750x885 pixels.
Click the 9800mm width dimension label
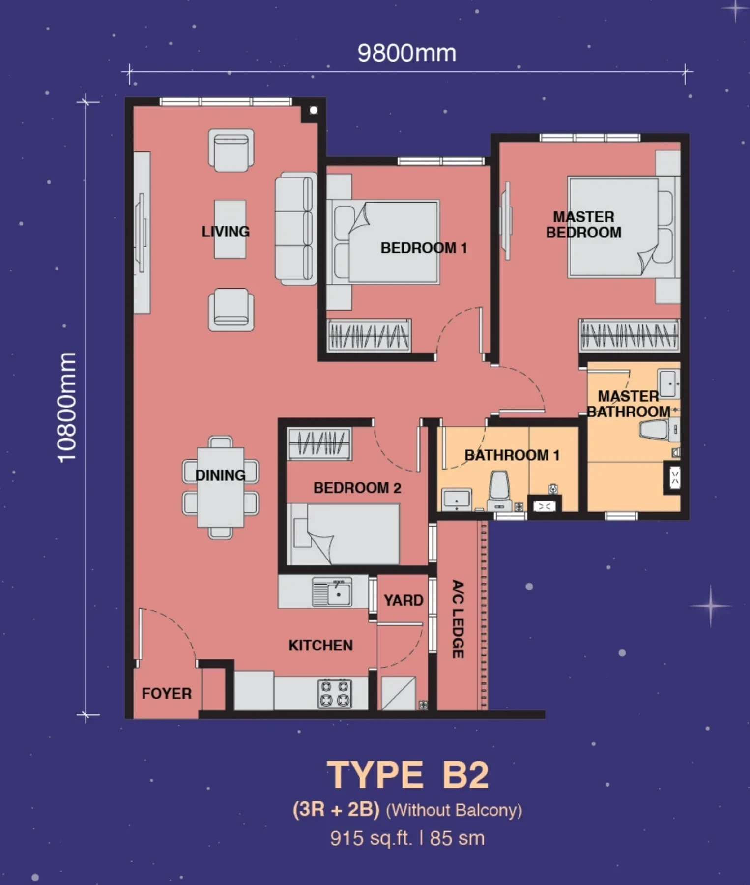pyautogui.click(x=406, y=53)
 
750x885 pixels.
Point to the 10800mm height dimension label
pyautogui.click(x=67, y=408)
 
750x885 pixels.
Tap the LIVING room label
pyautogui.click(x=226, y=231)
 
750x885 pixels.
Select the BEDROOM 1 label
pyautogui.click(x=424, y=248)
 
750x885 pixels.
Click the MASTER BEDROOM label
pyautogui.click(x=584, y=224)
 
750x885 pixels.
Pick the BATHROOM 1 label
pyautogui.click(x=512, y=455)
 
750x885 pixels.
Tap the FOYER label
pyautogui.click(x=167, y=693)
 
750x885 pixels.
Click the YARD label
pyautogui.click(x=404, y=600)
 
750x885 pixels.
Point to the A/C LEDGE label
pyautogui.click(x=458, y=619)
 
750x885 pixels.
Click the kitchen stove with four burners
pyautogui.click(x=335, y=693)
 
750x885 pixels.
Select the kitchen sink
pyautogui.click(x=332, y=592)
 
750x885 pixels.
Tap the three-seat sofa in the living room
pyautogui.click(x=295, y=228)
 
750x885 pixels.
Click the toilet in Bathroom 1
pyautogui.click(x=499, y=491)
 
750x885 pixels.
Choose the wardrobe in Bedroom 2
pyautogui.click(x=319, y=443)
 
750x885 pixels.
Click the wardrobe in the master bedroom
pyautogui.click(x=629, y=335)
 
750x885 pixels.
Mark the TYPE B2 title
pyautogui.click(x=408, y=775)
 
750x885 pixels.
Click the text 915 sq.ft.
pyautogui.click(x=371, y=838)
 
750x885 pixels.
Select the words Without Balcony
pyautogui.click(x=454, y=810)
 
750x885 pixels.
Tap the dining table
pyautogui.click(x=221, y=487)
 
